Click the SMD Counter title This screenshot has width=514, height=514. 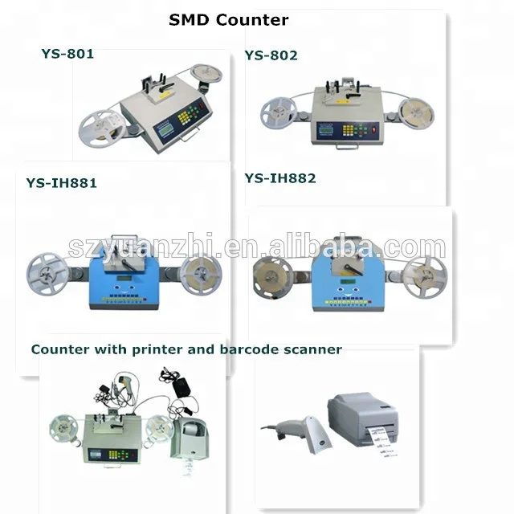[228, 20]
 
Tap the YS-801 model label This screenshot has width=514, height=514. [67, 55]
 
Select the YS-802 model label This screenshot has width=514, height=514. [271, 55]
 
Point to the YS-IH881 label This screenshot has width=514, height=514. [62, 183]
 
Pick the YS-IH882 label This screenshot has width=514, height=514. [280, 178]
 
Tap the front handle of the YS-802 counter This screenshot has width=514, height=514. [348, 145]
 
